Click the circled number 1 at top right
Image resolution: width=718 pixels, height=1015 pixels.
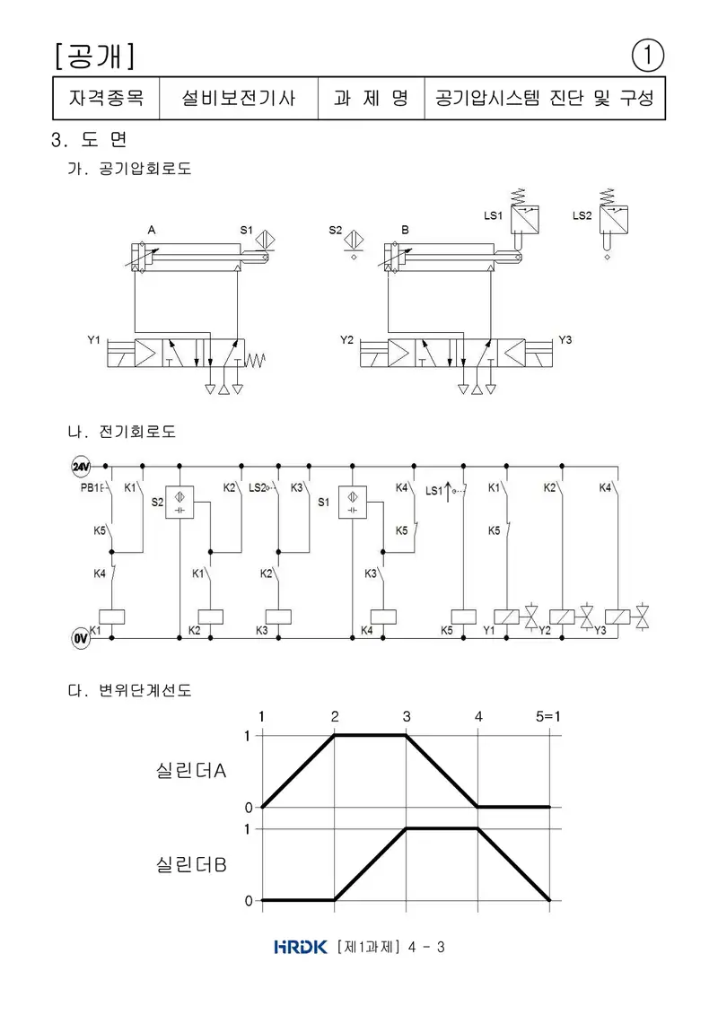point(647,56)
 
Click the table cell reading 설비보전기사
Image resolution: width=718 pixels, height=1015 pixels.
point(238,99)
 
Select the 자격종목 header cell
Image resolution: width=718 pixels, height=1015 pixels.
point(106,99)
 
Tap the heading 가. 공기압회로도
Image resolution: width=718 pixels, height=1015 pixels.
point(129,169)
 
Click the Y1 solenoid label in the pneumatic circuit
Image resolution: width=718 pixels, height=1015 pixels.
point(94,340)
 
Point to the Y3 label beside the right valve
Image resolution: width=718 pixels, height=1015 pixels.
point(565,340)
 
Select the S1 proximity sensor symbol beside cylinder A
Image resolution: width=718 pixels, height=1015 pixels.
point(265,240)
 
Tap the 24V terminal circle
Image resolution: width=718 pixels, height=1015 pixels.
point(80,466)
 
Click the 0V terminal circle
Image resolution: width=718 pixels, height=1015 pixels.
point(80,639)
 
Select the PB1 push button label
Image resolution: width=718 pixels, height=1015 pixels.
point(89,487)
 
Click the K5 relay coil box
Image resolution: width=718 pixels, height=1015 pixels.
point(464,617)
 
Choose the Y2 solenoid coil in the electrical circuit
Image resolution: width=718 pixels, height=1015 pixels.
point(562,617)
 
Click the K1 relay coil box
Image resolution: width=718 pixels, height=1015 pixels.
point(111,617)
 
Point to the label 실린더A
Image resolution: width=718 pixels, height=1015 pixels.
point(191,770)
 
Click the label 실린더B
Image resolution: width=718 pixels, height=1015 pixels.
point(191,864)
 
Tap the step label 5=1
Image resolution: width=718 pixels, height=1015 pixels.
point(547,716)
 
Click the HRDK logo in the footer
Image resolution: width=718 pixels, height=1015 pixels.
point(301,947)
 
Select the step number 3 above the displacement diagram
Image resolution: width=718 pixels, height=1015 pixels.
point(407,716)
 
